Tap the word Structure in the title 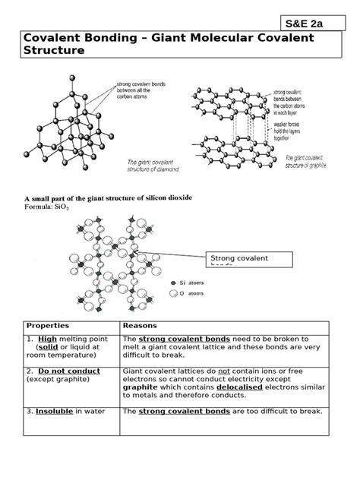click(54, 51)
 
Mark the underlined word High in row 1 click(47, 339)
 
